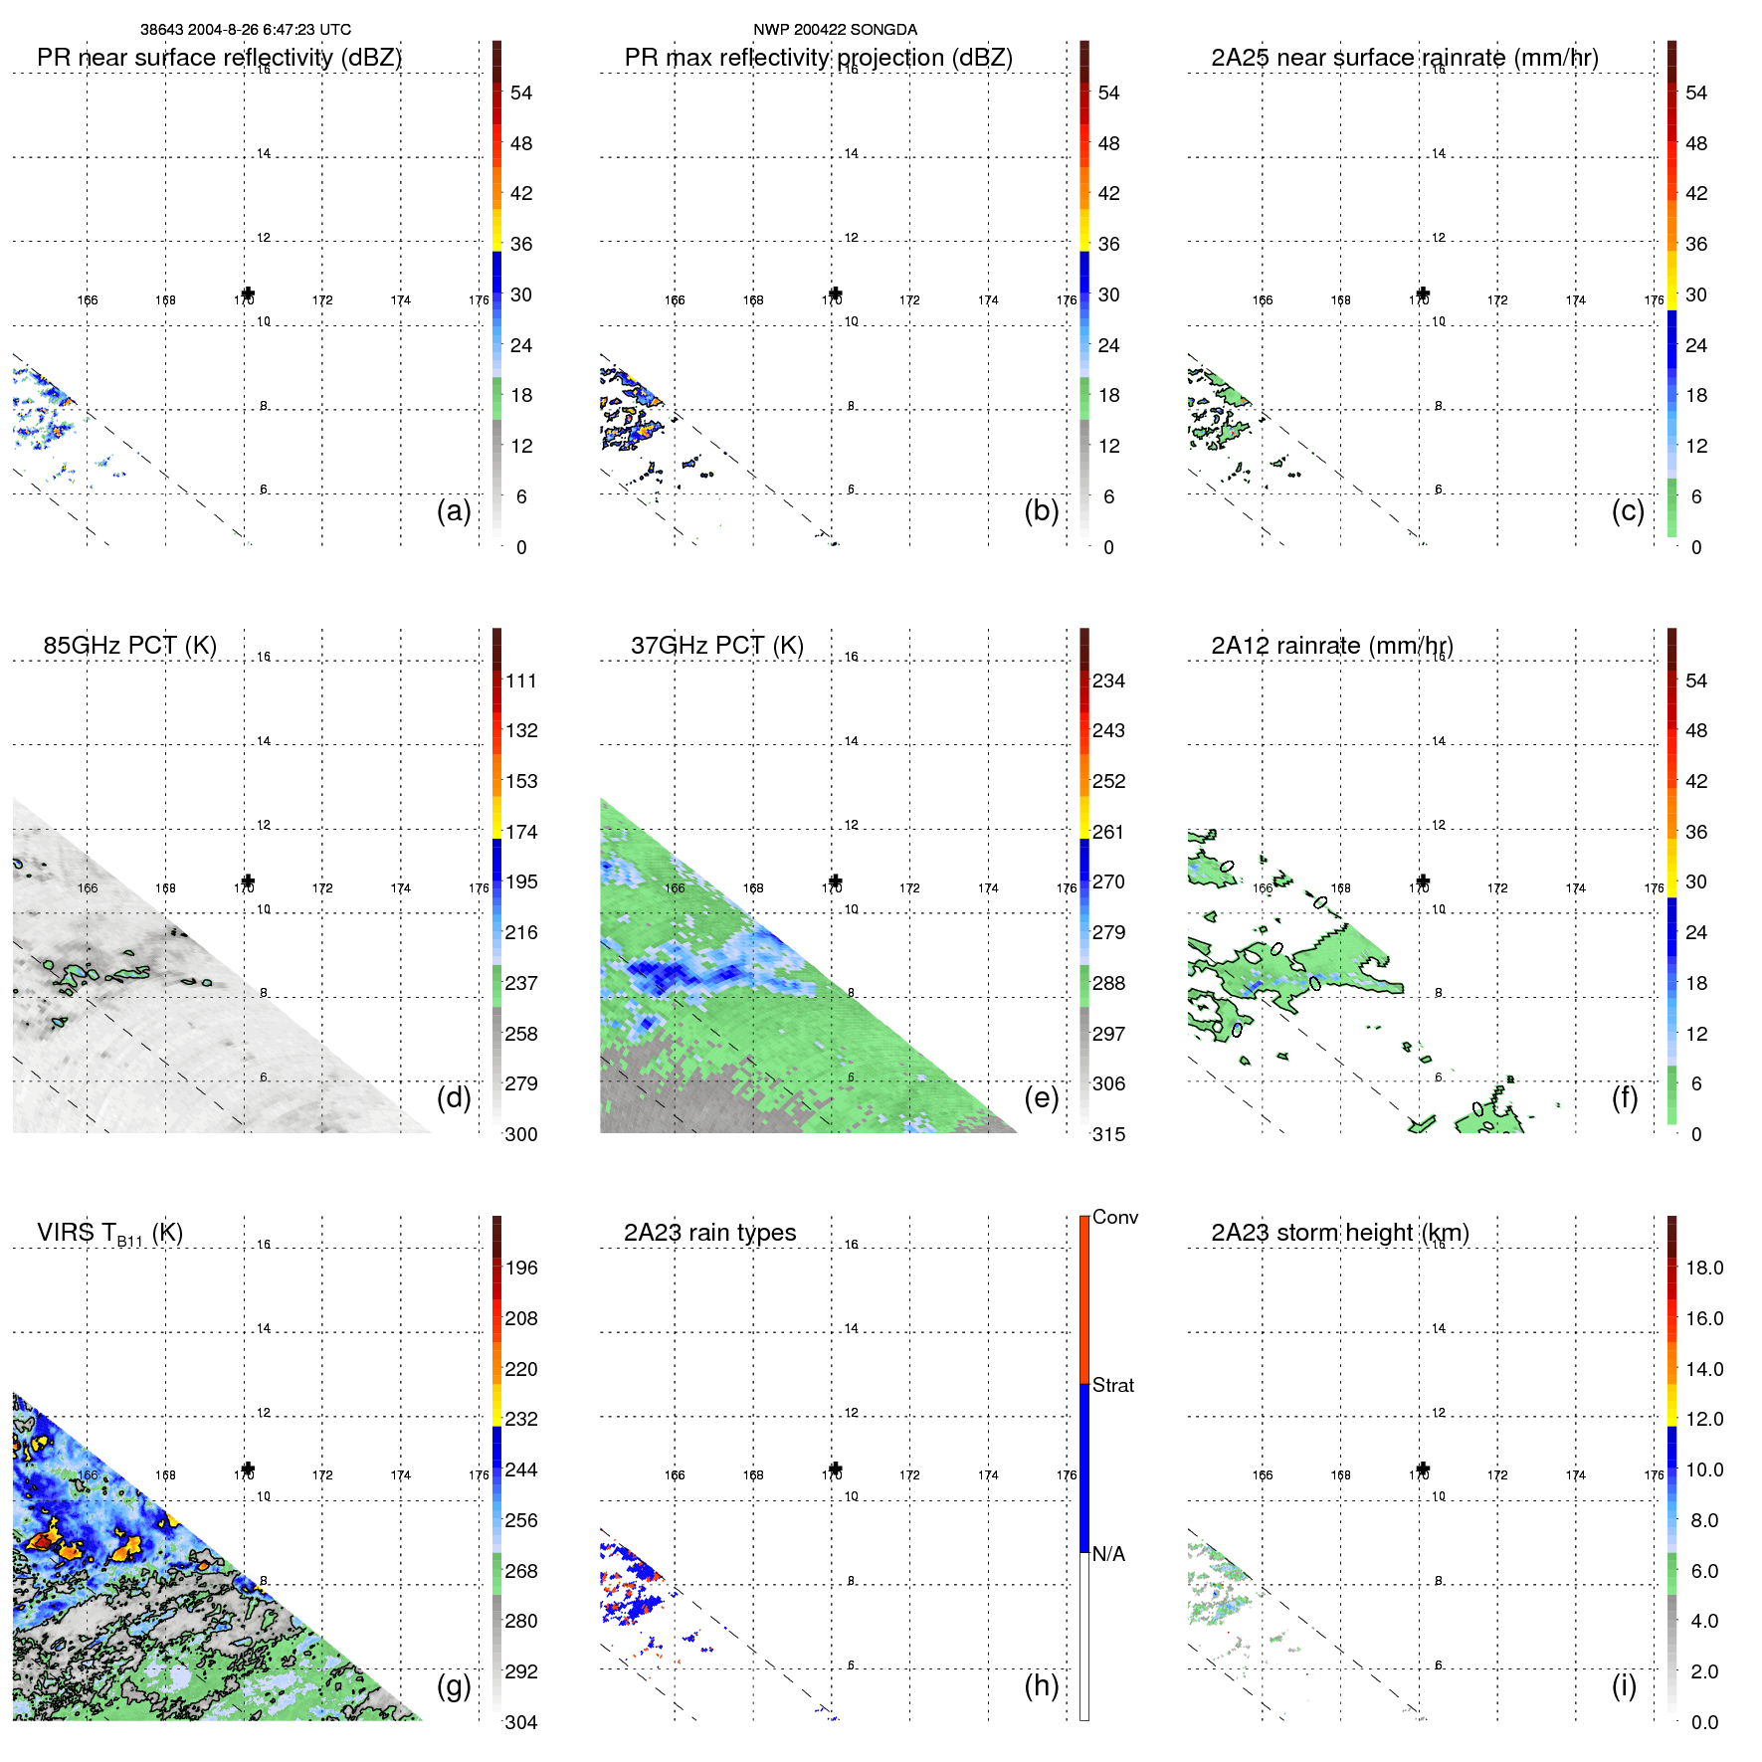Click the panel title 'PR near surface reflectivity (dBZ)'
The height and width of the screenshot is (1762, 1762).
(x=219, y=58)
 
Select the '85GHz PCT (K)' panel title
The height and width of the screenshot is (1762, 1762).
(x=129, y=646)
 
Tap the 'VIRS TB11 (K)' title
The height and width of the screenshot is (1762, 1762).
(x=109, y=1234)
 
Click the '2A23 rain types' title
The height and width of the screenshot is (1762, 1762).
(x=709, y=1233)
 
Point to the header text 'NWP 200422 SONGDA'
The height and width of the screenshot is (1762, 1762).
(x=835, y=30)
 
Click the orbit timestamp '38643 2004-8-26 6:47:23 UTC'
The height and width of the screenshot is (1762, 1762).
(x=245, y=30)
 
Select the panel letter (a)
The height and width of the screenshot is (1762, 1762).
(x=454, y=511)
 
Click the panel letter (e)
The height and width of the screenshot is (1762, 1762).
(x=1042, y=1098)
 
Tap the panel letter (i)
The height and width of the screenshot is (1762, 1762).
(x=1624, y=1686)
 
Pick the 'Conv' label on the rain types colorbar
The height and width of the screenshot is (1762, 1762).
(x=1114, y=1218)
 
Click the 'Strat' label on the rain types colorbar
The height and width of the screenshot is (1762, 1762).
(x=1112, y=1386)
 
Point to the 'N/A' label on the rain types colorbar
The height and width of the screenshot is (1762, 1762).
(x=1108, y=1554)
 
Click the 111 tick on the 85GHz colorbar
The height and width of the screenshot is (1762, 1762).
(x=520, y=682)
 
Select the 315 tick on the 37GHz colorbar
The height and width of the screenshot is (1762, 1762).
(x=1108, y=1135)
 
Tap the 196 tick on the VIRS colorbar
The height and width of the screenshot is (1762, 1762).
(x=520, y=1269)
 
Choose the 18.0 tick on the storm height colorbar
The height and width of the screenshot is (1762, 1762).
(x=1703, y=1269)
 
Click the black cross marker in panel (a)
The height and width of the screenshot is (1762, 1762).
(x=248, y=294)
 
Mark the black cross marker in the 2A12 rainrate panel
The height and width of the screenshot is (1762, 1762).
(x=1423, y=881)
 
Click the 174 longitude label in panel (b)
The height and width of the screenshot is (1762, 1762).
(x=988, y=300)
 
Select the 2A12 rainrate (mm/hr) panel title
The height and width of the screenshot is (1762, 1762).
(x=1332, y=646)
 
